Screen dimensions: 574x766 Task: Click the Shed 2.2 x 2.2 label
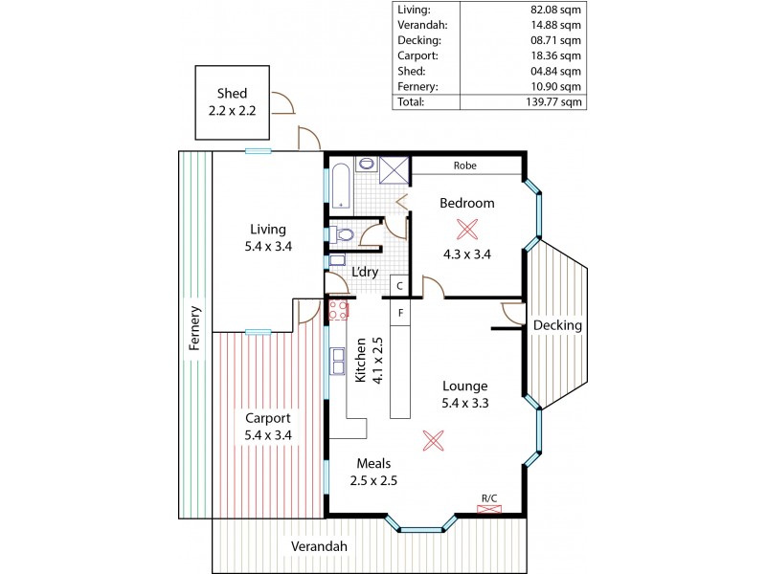pyautogui.click(x=232, y=102)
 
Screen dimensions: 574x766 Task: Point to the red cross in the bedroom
pyautogui.click(x=467, y=229)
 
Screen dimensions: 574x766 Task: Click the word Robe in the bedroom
pyautogui.click(x=466, y=166)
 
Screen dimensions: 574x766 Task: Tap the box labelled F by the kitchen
pyautogui.click(x=400, y=313)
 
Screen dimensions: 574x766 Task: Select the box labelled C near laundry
pyautogui.click(x=400, y=285)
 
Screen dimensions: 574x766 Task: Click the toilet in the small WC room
pyautogui.click(x=344, y=233)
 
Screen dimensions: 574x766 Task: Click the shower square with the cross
pyautogui.click(x=394, y=168)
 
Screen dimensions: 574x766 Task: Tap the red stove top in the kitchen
pyautogui.click(x=337, y=309)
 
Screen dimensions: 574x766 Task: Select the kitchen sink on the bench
pyautogui.click(x=338, y=362)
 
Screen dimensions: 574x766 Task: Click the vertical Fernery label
pyautogui.click(x=195, y=328)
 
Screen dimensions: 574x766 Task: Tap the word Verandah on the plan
pyautogui.click(x=320, y=546)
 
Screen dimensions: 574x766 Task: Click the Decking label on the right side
pyautogui.click(x=557, y=325)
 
